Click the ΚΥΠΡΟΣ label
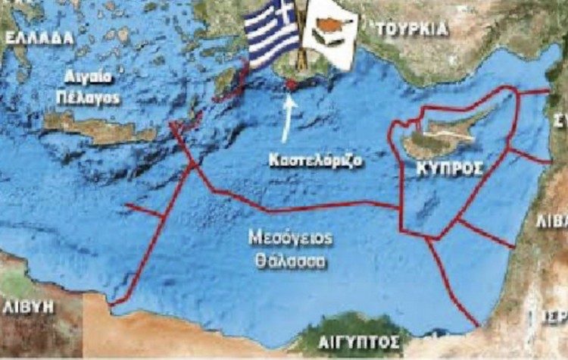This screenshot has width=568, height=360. [449, 170]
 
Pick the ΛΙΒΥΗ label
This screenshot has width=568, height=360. [30, 307]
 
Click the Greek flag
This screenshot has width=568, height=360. [270, 34]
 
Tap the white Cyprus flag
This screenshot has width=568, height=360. [329, 34]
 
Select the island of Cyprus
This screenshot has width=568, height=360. [439, 136]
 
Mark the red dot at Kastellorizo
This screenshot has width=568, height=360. [291, 85]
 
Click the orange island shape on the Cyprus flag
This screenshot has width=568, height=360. [329, 28]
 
